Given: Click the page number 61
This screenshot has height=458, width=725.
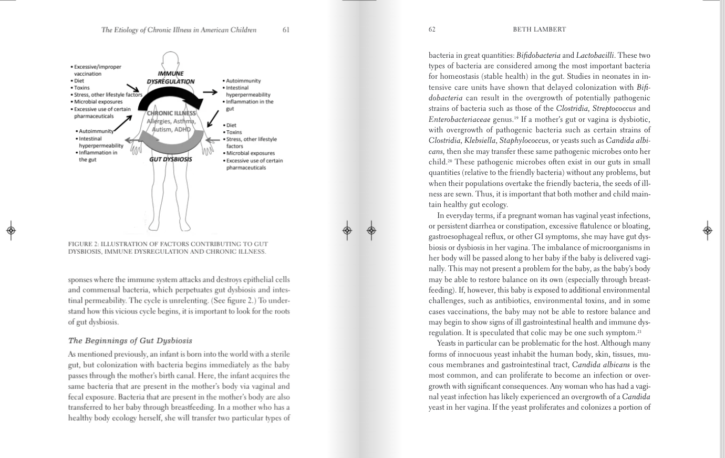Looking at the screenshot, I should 286,30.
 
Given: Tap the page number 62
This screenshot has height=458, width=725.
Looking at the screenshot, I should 432,29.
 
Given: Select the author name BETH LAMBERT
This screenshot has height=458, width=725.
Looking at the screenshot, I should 539,29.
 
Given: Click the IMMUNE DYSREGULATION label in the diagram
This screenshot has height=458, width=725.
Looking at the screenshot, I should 170,77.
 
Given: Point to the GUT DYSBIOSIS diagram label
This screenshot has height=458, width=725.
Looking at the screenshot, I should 171,159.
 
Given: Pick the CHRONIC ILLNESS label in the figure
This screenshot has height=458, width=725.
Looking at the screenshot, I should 171,113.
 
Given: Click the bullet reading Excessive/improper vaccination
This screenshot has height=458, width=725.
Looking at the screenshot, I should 98,70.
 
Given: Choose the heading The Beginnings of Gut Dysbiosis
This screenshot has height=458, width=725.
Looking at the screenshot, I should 130,340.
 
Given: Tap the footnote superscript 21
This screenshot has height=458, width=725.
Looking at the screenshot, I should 639,331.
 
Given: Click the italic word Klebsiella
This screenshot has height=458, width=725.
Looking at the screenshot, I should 480,141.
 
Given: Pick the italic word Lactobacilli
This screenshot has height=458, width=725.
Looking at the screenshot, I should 595,56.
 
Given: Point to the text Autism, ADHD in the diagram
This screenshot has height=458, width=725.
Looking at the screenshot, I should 171,129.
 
